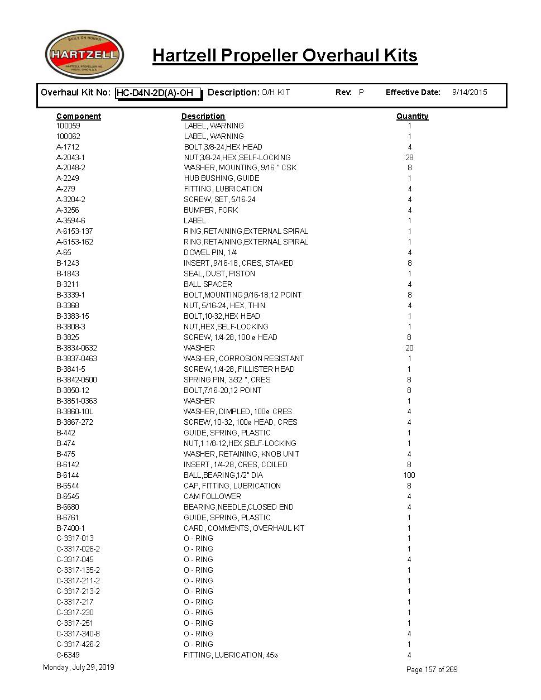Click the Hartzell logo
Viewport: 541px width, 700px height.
coord(84,55)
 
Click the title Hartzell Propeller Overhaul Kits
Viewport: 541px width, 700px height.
coord(285,55)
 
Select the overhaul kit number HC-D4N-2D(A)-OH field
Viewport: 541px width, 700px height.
coord(158,93)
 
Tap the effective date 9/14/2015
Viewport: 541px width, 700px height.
coord(469,92)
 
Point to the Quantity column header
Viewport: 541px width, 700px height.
coord(412,116)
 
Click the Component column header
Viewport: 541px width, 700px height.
coord(79,116)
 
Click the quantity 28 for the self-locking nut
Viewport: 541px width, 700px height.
coord(409,157)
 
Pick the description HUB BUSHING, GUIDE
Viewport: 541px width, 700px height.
coord(222,179)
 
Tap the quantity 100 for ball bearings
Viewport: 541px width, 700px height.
coord(409,475)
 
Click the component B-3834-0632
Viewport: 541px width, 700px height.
coord(76,348)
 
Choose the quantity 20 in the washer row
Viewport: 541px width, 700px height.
coord(409,348)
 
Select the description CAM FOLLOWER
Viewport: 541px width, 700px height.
coord(212,496)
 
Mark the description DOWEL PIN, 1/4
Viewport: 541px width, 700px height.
coord(210,252)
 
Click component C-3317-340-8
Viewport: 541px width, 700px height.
coord(78,634)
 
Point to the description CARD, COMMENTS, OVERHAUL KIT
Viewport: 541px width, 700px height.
coord(244,528)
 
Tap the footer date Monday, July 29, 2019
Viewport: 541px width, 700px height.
coord(79,667)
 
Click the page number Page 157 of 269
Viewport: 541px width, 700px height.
coord(432,669)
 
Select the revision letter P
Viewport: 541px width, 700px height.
coord(361,92)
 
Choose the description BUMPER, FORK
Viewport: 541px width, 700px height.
coord(211,210)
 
